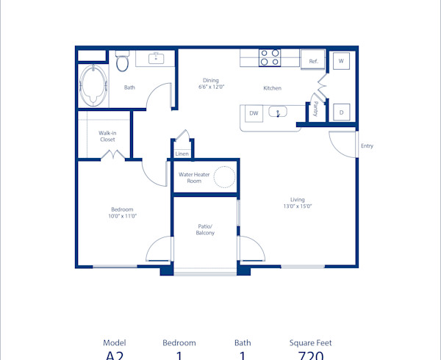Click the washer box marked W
[x=341, y=62]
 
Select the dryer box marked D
[x=341, y=112]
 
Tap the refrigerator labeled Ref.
[x=312, y=61]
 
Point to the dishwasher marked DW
[x=254, y=113]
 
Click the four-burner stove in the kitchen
[x=269, y=57]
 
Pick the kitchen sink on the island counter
[x=279, y=112]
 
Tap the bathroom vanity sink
[x=156, y=58]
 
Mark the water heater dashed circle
[x=224, y=177]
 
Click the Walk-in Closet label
[x=107, y=136]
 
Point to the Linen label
[x=181, y=154]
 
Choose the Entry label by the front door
[x=367, y=145]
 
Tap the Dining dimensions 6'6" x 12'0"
[x=211, y=87]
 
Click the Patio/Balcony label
[x=205, y=229]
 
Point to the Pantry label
[x=315, y=109]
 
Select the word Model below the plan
[x=115, y=342]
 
